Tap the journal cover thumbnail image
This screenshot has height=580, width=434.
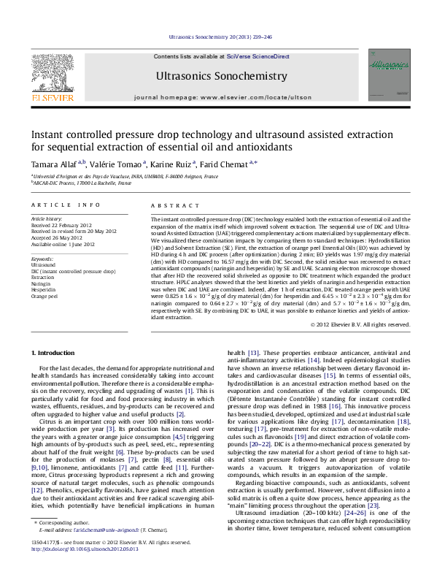[x=394, y=75]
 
